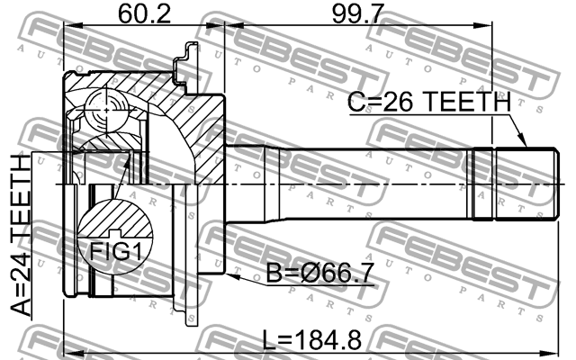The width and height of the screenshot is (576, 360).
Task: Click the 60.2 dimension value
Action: [144, 14]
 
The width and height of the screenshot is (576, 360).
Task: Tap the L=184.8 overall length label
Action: [312, 340]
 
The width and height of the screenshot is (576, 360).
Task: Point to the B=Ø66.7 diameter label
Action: [319, 273]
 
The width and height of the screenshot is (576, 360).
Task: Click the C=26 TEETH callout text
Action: [429, 102]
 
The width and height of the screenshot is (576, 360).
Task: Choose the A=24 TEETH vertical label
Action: [20, 235]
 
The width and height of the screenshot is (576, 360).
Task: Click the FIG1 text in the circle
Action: [116, 252]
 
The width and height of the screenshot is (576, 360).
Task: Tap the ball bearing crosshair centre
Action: [106, 110]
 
